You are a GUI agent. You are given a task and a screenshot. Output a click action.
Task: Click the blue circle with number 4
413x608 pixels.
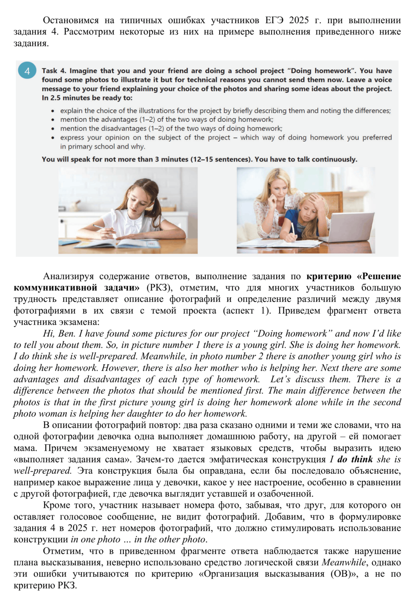click(27, 71)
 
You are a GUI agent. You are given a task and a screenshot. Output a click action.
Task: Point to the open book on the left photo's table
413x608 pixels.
click(128, 243)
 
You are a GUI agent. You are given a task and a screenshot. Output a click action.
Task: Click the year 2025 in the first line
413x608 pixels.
click(299, 20)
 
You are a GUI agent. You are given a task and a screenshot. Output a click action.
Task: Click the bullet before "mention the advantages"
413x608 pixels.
click(53, 120)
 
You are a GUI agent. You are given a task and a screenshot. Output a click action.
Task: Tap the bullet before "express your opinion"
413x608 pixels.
click(53, 138)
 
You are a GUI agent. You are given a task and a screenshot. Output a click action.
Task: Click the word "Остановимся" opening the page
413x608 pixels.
click(70, 20)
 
